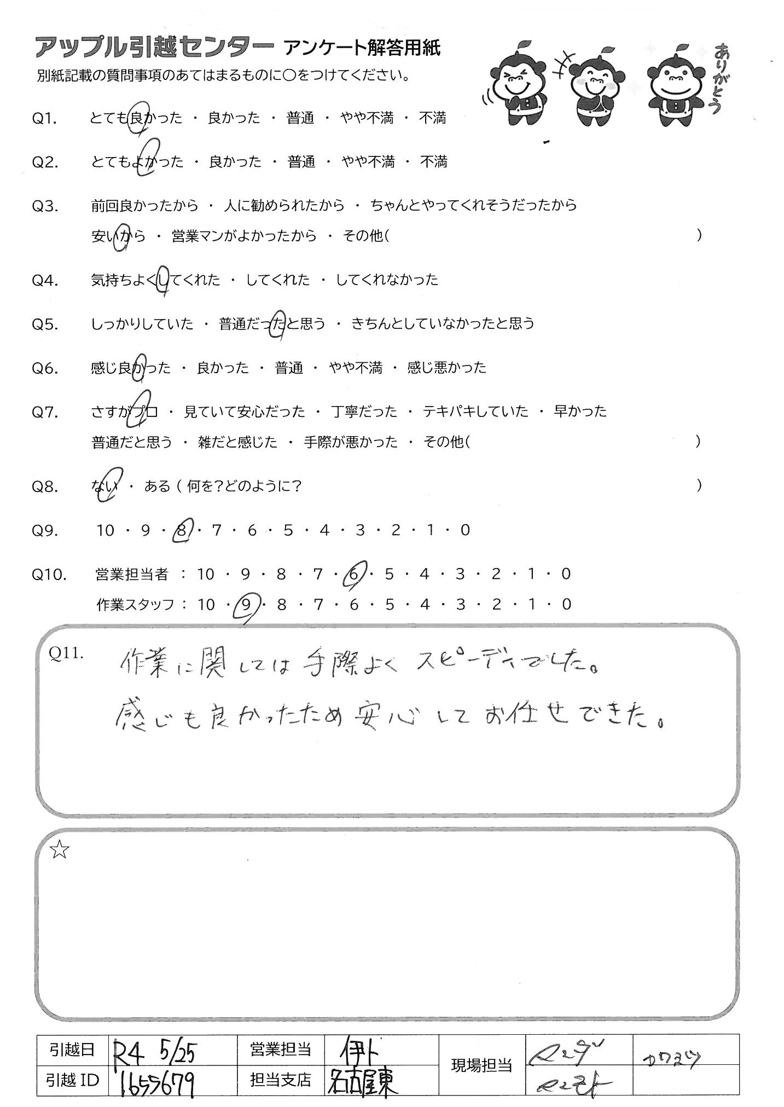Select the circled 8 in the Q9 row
[x=181, y=530]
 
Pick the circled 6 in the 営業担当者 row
[x=353, y=574]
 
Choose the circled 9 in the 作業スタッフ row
[x=246, y=605]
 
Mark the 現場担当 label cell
[x=481, y=1064]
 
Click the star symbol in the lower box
[x=59, y=850]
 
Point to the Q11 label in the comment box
[x=66, y=653]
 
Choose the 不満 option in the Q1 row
[x=433, y=118]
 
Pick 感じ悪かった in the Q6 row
[x=446, y=368]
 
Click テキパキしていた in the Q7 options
[x=475, y=411]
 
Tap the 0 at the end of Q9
[x=465, y=530]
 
